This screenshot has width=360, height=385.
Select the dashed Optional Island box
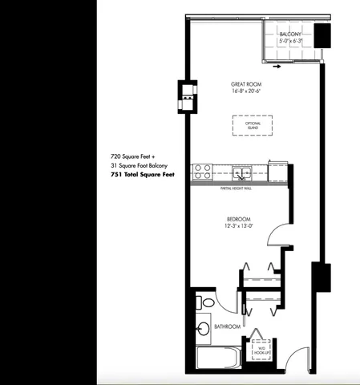(253, 126)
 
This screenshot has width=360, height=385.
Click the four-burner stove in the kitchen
(201, 171)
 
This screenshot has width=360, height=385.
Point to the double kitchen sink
(241, 171)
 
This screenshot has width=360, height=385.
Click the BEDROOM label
(239, 219)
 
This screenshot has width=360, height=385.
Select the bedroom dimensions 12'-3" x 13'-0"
(239, 226)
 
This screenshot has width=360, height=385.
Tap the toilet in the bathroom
(206, 303)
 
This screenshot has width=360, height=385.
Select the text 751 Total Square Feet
(143, 174)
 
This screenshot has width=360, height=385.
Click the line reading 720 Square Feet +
(134, 156)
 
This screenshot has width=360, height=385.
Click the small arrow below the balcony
(277, 67)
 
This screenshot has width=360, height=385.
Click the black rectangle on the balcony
(322, 37)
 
